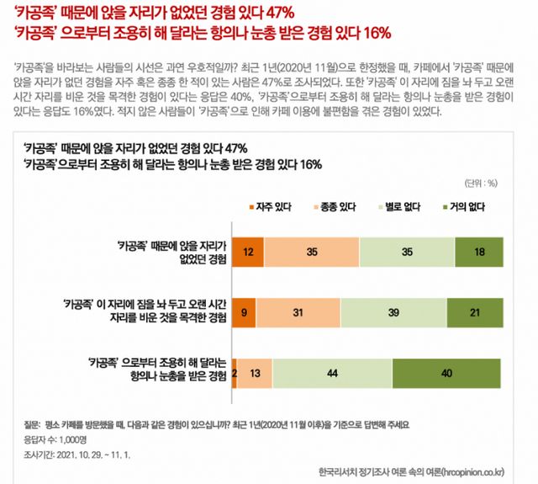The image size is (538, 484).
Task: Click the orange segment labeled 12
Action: tap(248, 251)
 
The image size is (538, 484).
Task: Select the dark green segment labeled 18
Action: tap(479, 251)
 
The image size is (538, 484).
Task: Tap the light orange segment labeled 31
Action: tap(298, 311)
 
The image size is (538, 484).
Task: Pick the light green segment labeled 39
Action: tap(393, 311)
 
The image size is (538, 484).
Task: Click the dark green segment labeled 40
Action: tap(448, 372)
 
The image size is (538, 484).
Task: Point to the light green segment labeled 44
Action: tap(333, 372)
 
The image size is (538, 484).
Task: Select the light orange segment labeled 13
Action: tap(255, 372)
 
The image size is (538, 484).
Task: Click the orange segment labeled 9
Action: tap(244, 311)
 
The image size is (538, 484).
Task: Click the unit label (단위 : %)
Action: tap(480, 182)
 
